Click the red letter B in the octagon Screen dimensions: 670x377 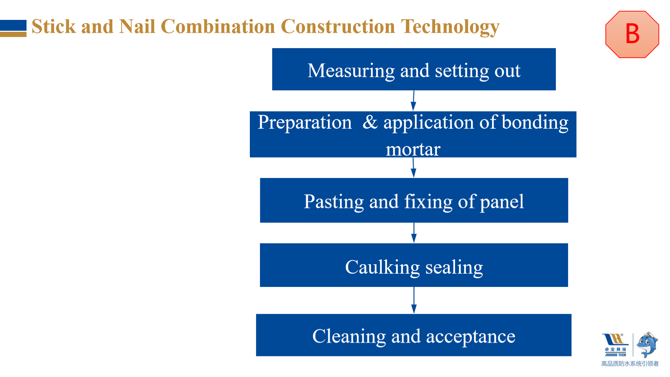pos(632,34)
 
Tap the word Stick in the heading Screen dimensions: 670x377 pos(53,26)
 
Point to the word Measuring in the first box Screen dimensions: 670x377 pos(351,71)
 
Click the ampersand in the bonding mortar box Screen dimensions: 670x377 pos(370,122)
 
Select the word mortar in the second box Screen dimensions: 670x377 pos(413,149)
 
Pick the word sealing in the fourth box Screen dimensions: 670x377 pos(454,267)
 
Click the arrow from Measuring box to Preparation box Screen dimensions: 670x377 pos(414,101)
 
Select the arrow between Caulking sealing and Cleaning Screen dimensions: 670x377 pos(414,300)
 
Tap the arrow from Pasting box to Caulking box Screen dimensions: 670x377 pos(414,233)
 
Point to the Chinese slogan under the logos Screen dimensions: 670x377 pos(630,364)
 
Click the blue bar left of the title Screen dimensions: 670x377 pos(13,26)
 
